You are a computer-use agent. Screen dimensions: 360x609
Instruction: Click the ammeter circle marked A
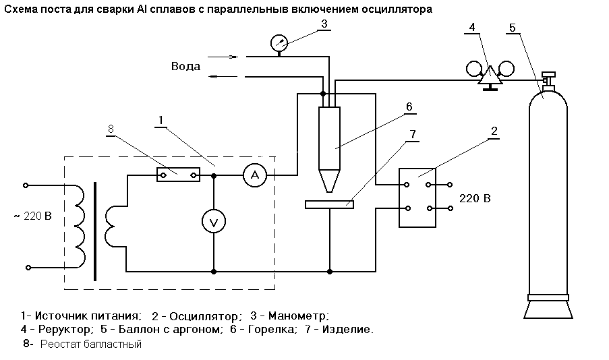tap(255, 175)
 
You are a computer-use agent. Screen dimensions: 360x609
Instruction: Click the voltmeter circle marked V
tap(214, 222)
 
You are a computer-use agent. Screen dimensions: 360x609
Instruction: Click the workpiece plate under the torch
tap(330, 204)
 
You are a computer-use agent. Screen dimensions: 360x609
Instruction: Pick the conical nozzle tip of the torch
tap(330, 180)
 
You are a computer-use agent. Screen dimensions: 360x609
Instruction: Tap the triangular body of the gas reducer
tap(489, 76)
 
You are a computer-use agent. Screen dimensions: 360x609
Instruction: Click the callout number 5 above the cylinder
tap(513, 28)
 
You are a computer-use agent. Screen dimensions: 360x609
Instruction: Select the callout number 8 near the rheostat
tap(111, 127)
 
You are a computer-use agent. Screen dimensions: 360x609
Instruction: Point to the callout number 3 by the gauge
tap(324, 24)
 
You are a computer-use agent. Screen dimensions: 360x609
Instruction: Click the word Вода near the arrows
tap(185, 66)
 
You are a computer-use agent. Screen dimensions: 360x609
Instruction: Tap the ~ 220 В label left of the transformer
tap(33, 216)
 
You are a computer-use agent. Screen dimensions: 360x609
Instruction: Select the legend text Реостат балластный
tap(90, 344)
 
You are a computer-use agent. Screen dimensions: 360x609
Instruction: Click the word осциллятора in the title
tap(397, 10)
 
